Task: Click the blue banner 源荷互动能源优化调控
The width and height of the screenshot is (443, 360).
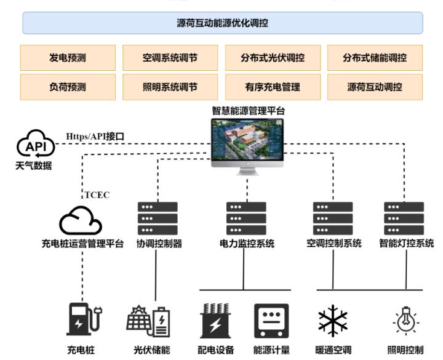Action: point(222,23)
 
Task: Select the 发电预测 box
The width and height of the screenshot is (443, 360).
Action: point(68,58)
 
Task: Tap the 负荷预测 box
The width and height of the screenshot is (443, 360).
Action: point(68,87)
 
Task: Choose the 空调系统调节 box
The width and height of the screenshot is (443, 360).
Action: point(170,58)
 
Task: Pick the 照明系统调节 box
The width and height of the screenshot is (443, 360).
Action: point(170,87)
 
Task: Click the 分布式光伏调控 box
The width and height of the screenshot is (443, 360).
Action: point(273,58)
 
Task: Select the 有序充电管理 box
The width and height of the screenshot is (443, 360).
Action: point(273,87)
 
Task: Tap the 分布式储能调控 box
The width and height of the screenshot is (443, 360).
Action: point(375,58)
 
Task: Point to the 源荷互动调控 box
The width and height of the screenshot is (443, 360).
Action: point(375,87)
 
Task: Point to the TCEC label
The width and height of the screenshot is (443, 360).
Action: point(97,195)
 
